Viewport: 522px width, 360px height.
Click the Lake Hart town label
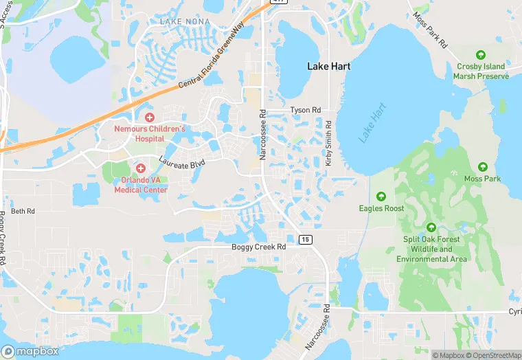pos(329,66)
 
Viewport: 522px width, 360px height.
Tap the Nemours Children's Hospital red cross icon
pos(150,117)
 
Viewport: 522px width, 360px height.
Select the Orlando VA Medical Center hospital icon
pos(140,168)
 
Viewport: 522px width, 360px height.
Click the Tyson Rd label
pos(305,110)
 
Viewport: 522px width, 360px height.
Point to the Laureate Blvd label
pos(182,162)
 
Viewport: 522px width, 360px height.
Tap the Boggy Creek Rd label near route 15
pos(258,247)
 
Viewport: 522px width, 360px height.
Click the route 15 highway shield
pos(304,238)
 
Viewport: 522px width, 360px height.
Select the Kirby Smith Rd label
pos(328,144)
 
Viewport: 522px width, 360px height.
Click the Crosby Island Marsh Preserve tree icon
pos(481,55)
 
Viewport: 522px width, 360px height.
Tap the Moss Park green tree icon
pos(482,167)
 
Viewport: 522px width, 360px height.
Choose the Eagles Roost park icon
pos(381,196)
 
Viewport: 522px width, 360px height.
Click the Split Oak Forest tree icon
pos(431,227)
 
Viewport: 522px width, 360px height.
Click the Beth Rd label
pos(22,211)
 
